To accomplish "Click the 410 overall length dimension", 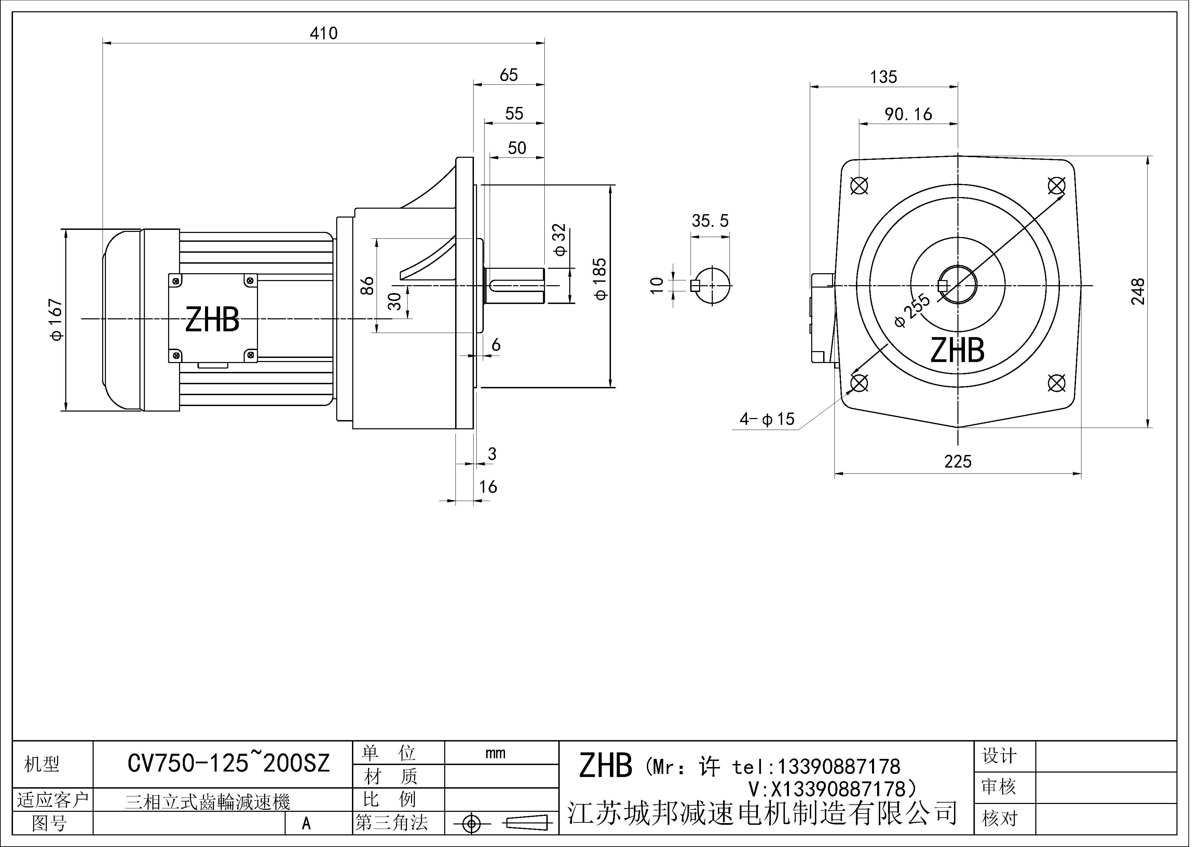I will tap(324, 33).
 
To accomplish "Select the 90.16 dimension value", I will tap(908, 114).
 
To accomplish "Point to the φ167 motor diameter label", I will tap(56, 319).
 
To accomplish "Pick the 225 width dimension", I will tap(958, 461).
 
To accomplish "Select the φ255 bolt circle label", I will tap(912, 310).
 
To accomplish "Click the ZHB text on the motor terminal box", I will tap(213, 319).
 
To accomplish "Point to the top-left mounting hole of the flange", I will tap(859, 185).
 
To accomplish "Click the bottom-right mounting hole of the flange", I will tap(1057, 383).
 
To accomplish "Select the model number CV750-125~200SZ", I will tap(229, 764).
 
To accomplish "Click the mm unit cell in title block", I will tap(495, 753).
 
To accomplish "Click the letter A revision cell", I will tap(306, 823).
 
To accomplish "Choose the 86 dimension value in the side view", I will tap(368, 286).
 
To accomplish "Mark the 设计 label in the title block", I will tap(999, 756).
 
